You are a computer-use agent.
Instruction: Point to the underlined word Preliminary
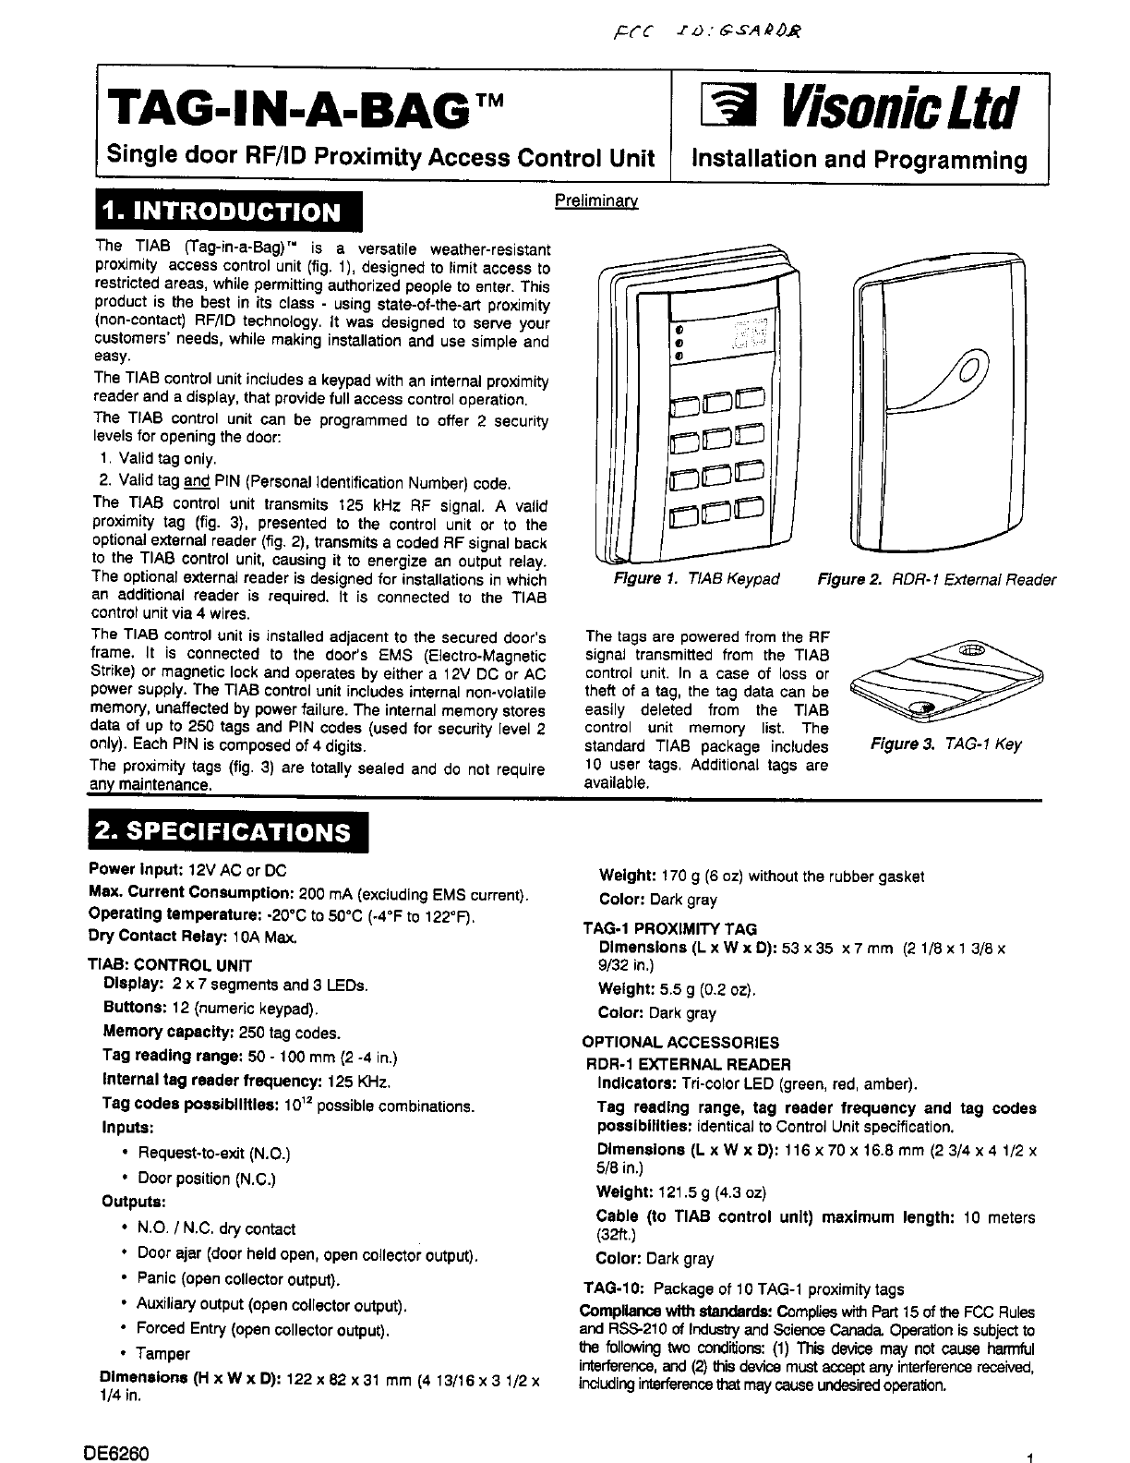(596, 200)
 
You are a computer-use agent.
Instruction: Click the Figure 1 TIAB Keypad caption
(697, 580)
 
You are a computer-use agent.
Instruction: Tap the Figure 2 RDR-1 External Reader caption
(936, 580)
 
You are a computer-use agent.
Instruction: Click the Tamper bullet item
(162, 1354)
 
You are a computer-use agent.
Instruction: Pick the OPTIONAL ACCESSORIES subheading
(680, 1043)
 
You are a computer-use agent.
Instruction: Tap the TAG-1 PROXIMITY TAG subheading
(669, 929)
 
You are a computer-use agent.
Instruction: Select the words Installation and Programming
(860, 161)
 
